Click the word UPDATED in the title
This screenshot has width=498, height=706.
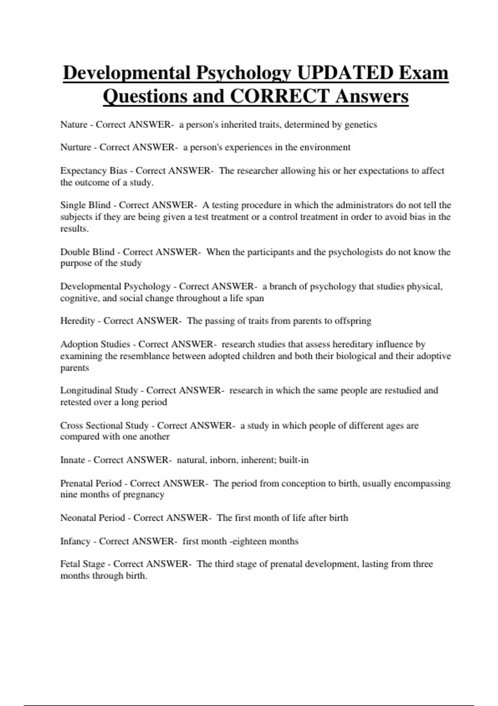pyautogui.click(x=345, y=73)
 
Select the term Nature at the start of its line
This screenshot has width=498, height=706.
pyautogui.click(x=74, y=125)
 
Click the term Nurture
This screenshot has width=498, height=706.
pyautogui.click(x=76, y=147)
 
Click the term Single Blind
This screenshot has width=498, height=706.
pyautogui.click(x=85, y=205)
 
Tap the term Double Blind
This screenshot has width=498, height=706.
pyautogui.click(x=87, y=252)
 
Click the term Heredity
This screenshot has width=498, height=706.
pyautogui.click(x=78, y=321)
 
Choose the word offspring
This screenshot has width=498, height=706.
pyautogui.click(x=354, y=321)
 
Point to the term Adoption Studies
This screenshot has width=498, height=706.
pyautogui.click(x=95, y=344)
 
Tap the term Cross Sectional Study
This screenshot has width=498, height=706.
pyautogui.click(x=104, y=426)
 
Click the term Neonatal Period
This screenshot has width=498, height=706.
pyautogui.click(x=93, y=518)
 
